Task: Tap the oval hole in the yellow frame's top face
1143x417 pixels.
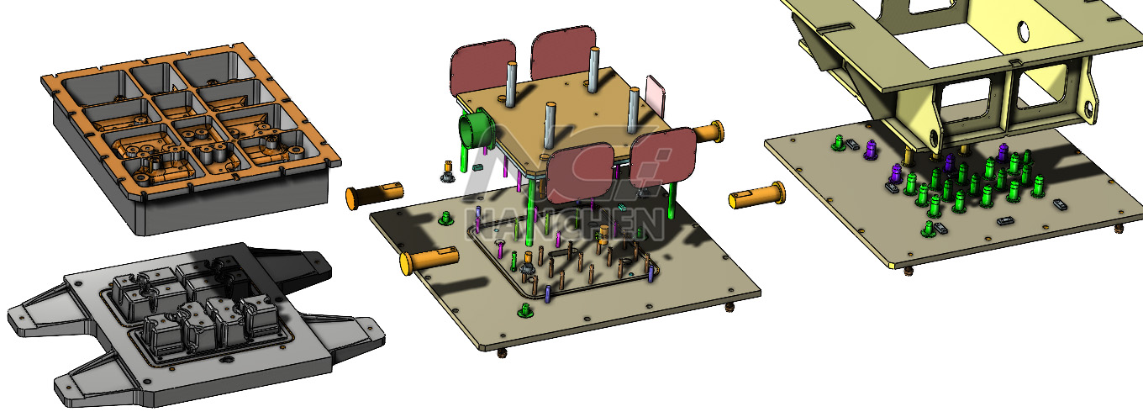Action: click(x=1024, y=31)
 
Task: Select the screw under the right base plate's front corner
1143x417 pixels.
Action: click(x=909, y=269)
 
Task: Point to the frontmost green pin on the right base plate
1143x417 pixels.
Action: click(x=930, y=228)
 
